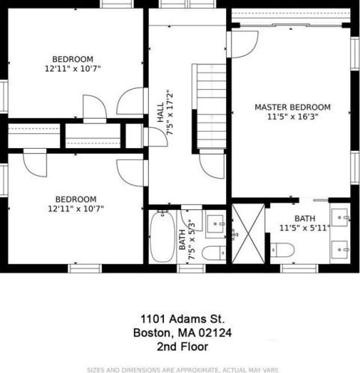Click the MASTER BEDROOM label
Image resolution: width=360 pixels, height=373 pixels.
pyautogui.click(x=293, y=107)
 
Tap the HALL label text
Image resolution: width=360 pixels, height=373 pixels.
pyautogui.click(x=160, y=113)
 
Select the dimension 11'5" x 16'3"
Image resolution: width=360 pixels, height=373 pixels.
pyautogui.click(x=293, y=117)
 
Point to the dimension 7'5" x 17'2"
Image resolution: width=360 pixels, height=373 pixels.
pyautogui.click(x=170, y=112)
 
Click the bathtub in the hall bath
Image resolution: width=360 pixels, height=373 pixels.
pyautogui.click(x=162, y=236)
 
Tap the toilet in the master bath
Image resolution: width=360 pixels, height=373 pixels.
pyautogui.click(x=282, y=250)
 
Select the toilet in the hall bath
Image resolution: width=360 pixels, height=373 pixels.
pyautogui.click(x=214, y=253)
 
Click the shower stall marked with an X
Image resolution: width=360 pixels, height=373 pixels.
pyautogui.click(x=248, y=233)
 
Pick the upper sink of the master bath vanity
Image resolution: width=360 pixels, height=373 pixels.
pyautogui.click(x=340, y=218)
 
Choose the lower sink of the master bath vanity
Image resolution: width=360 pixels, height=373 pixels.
pyautogui.click(x=340, y=250)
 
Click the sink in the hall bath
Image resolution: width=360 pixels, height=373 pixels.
pyautogui.click(x=216, y=224)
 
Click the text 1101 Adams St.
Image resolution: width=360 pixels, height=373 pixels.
pyautogui.click(x=183, y=319)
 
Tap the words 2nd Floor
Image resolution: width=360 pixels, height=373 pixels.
pyautogui.click(x=183, y=347)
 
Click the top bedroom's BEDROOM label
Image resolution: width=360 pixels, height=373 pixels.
pyautogui.click(x=73, y=59)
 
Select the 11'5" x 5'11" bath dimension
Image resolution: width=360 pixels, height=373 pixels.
pyautogui.click(x=305, y=228)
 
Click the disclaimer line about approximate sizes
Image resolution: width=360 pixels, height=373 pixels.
pyautogui.click(x=183, y=370)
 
